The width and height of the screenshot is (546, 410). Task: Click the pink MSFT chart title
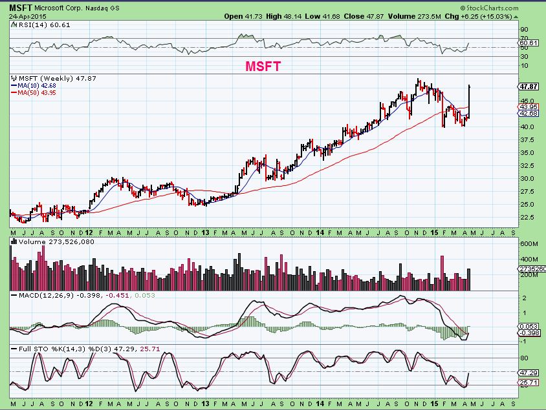tap(264, 66)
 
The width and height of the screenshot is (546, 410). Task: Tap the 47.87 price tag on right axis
tap(529, 86)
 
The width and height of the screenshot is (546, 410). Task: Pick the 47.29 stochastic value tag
tap(529, 373)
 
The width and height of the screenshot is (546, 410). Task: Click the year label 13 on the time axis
tap(206, 231)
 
